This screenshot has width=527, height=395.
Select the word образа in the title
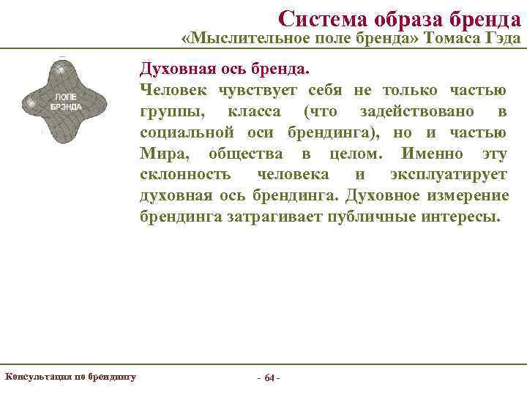tap(409, 16)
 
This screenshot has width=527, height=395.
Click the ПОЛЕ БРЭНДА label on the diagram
tap(65, 101)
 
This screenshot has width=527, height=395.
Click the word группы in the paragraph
tap(165, 111)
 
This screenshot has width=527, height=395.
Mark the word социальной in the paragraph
tap(187, 132)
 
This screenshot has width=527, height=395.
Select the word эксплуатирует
tap(448, 175)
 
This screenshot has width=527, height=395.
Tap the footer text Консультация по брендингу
tap(70, 377)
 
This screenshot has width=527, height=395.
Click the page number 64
tap(269, 378)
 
